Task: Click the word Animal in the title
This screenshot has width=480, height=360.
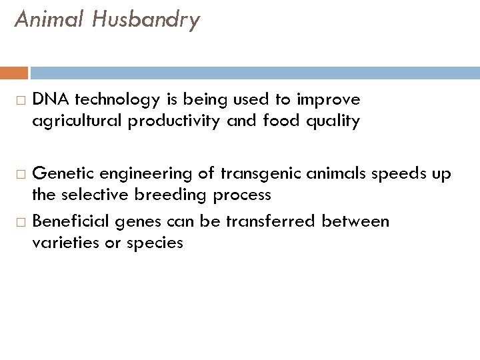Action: (47, 20)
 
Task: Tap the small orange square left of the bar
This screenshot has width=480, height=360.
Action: (19, 73)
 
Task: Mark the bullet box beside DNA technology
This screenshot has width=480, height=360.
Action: (19, 101)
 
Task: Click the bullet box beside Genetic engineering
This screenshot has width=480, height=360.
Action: (19, 175)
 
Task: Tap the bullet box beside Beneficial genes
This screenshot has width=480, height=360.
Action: (19, 221)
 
